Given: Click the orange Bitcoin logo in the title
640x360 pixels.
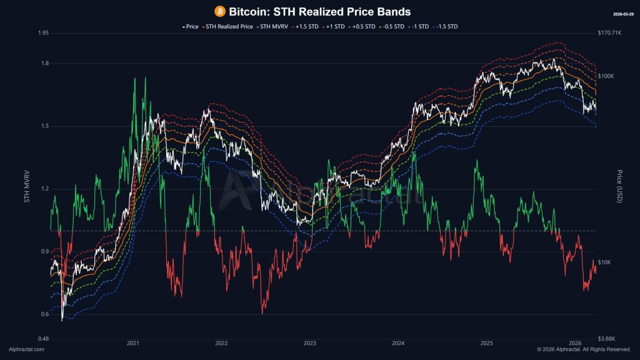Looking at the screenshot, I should point(219,11).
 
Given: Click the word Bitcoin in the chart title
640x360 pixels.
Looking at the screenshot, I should point(248,11).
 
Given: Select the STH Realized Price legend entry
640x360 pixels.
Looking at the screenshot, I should point(229,27).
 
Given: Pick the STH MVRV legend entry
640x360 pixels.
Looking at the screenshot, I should point(273,27).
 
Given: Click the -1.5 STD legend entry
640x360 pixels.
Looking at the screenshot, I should point(446,27).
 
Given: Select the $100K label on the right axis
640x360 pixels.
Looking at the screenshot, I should point(607,76).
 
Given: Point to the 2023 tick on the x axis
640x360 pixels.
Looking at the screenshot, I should point(309,343).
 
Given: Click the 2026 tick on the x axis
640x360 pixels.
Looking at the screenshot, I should point(575,343).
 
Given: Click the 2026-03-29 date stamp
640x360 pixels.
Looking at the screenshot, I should point(623,13).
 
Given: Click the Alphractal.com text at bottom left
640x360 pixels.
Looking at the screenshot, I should point(26,349).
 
